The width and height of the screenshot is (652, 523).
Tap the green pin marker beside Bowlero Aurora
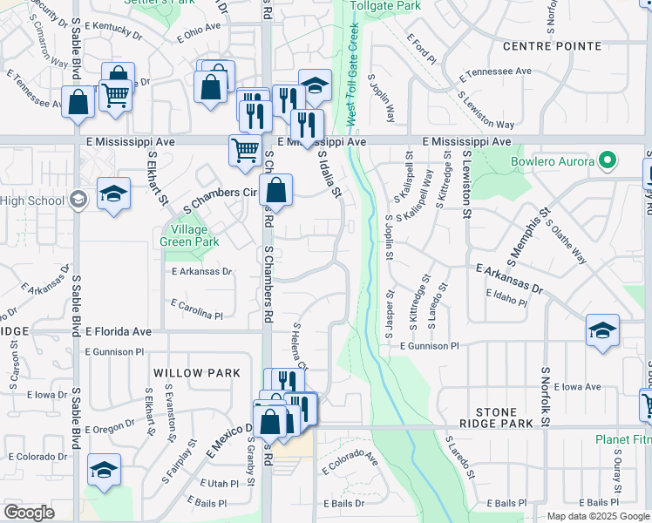(608, 161)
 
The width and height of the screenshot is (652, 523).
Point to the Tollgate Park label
(384, 6)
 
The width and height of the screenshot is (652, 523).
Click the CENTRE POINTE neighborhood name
(553, 45)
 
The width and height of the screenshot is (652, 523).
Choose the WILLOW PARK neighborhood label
(196, 373)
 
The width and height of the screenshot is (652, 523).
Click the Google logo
(29, 513)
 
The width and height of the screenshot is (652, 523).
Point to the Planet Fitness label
(623, 440)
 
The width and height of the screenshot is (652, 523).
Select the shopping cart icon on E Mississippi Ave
(246, 149)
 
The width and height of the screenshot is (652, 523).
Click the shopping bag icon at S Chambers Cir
(276, 190)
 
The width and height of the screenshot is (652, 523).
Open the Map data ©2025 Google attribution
(597, 516)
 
